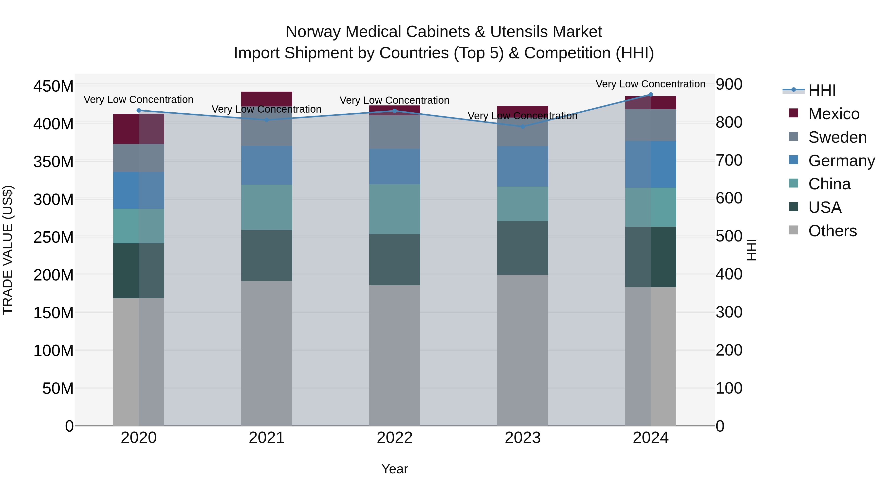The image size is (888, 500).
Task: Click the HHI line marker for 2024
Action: pos(650,95)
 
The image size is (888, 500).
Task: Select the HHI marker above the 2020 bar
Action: pos(139,110)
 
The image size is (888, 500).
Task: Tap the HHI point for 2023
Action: pos(523,127)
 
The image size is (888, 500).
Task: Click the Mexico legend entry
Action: pos(833,114)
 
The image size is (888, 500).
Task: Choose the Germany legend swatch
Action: pos(794,160)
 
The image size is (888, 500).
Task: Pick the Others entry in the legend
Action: pos(832,231)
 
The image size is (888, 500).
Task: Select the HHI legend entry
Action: pos(822,90)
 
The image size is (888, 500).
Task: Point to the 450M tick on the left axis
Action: pos(54,86)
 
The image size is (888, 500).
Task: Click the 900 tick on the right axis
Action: pos(729,84)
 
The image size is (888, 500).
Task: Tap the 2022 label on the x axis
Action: pos(394,438)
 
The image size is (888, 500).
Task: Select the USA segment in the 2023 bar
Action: pos(523,248)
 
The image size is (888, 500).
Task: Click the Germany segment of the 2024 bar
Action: pos(650,164)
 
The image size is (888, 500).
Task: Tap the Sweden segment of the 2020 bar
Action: pos(139,158)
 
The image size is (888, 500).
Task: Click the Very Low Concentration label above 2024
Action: pos(650,84)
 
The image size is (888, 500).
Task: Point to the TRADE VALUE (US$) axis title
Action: pos(8,250)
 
